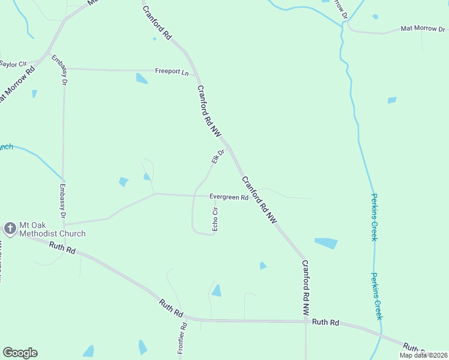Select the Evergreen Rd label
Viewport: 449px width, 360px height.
coord(228,197)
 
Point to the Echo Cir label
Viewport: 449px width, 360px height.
coord(215,219)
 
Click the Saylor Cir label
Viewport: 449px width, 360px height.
coord(14,64)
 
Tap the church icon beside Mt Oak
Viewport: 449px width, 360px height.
coord(10,228)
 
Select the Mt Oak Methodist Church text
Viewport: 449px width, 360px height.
coord(52,229)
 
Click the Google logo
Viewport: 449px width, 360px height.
coord(20,353)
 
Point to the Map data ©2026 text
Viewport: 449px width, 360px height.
coord(423,355)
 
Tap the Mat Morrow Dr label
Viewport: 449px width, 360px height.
coord(423,28)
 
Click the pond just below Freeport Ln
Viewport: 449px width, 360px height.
coord(142,79)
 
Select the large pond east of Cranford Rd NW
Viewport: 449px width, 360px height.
coord(326,243)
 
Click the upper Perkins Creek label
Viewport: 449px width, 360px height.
coord(374,217)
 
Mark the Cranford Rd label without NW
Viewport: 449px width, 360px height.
coord(157,20)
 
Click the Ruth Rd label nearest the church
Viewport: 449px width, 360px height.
coord(62,246)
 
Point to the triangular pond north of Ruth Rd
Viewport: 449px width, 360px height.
coord(216,291)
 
